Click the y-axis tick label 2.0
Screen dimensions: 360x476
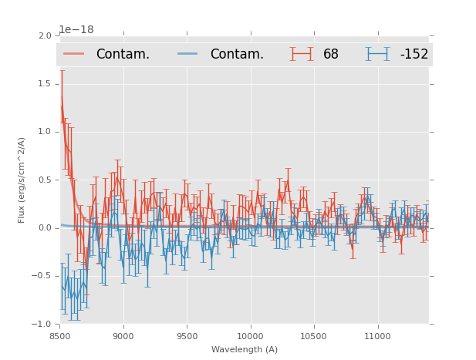point(44,35)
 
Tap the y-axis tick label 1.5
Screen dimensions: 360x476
point(44,84)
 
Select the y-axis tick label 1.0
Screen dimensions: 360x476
point(44,132)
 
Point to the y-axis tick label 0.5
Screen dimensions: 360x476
point(44,180)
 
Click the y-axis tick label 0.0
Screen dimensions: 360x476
point(44,228)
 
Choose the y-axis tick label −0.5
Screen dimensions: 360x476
point(42,276)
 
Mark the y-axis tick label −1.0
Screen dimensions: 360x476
point(42,324)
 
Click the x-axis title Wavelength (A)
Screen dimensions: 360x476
point(245,349)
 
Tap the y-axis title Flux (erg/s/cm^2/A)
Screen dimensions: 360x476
point(22,180)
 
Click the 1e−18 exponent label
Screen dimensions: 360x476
point(76,30)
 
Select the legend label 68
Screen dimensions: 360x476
point(331,54)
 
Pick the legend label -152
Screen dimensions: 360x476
point(414,54)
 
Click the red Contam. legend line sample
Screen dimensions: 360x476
point(74,54)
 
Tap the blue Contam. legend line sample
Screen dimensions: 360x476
point(188,54)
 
